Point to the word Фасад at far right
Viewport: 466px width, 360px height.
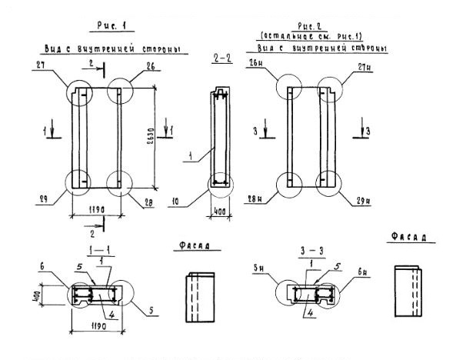[x=405, y=238]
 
